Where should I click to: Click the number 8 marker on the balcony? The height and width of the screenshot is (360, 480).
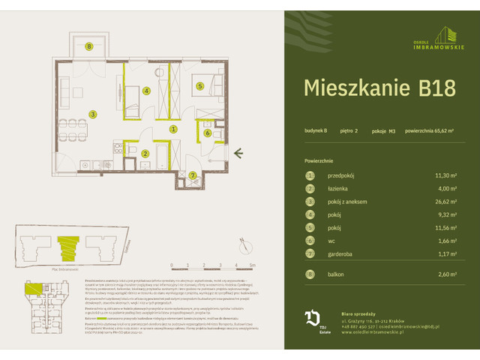pyautogui.click(x=89, y=46)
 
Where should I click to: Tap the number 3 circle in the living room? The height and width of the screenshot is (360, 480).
pyautogui.click(x=93, y=115)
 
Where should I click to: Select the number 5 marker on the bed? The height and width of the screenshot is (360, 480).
pyautogui.click(x=200, y=86)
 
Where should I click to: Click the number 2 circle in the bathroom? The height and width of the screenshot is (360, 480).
pyautogui.click(x=145, y=154)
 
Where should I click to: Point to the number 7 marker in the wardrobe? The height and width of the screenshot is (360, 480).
pyautogui.click(x=193, y=176)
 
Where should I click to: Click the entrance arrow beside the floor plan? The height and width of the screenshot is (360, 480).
pyautogui.click(x=238, y=154)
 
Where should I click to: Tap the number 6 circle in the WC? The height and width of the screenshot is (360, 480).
pyautogui.click(x=207, y=133)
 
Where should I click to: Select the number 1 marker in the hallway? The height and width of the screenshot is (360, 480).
pyautogui.click(x=173, y=129)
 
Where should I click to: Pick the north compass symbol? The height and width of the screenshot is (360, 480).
pyautogui.click(x=242, y=244)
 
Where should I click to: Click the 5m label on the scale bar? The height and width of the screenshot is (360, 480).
pyautogui.click(x=253, y=265)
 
